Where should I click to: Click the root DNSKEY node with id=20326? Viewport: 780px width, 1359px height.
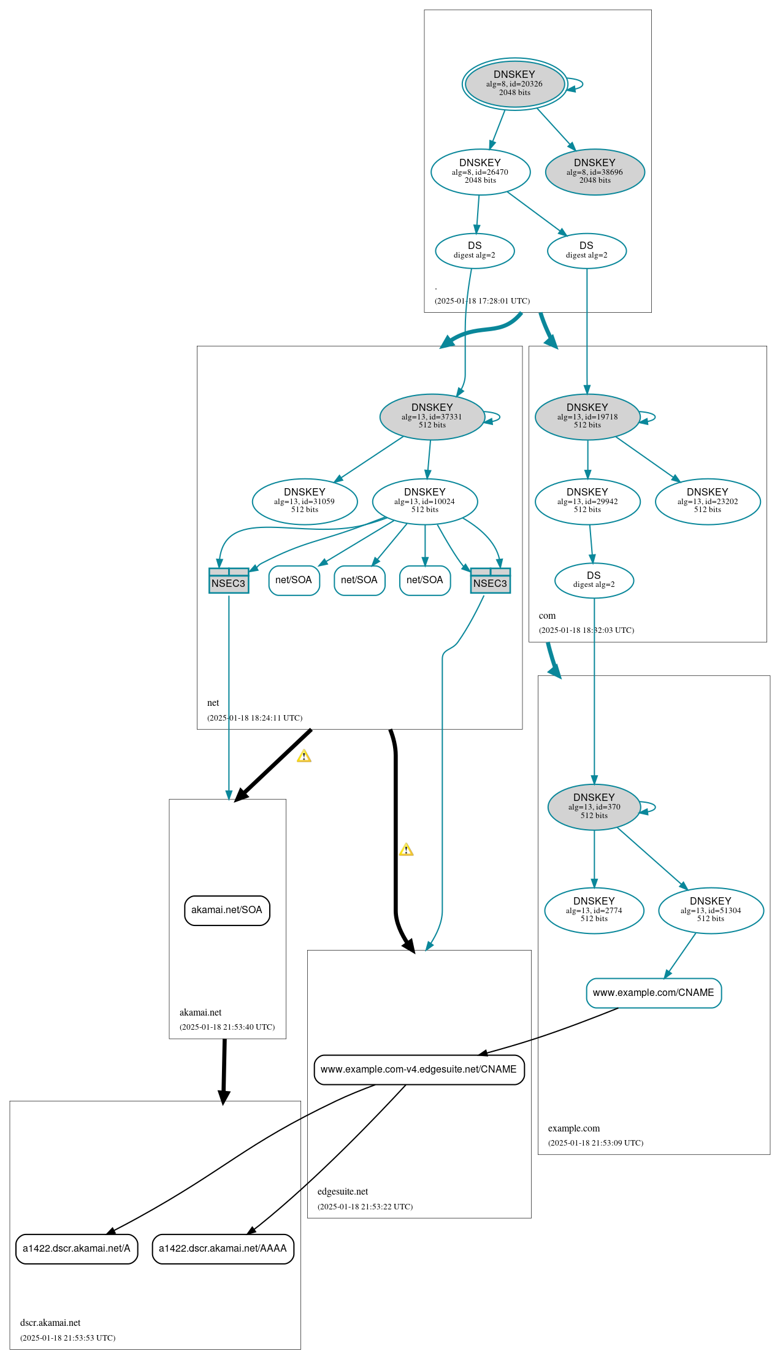pos(514,84)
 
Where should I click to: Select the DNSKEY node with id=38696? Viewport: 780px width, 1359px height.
pos(594,172)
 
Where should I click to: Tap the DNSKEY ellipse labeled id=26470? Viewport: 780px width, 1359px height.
pos(480,172)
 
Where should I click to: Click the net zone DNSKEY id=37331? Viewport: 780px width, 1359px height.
pos(432,416)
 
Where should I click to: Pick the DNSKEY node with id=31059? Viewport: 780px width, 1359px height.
pos(304,501)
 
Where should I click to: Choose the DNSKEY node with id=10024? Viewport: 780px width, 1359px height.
pos(424,501)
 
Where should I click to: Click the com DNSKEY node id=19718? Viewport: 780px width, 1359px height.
pos(587,416)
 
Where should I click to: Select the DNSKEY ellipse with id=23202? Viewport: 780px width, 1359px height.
pos(707,501)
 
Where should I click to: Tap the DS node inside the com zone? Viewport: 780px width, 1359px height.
pos(594,580)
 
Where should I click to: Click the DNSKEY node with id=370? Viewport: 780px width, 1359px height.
pos(594,807)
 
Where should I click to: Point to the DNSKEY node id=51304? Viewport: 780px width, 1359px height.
pos(710,910)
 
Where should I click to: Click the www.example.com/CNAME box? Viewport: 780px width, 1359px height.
pos(653,993)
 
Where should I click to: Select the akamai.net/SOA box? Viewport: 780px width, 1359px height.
pos(227,910)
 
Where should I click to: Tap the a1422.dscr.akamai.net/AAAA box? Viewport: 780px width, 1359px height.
pos(223,1249)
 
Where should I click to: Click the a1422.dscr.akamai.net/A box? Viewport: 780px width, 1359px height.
pos(77,1249)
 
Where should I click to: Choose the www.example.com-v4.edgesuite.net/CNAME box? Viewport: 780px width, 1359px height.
pos(419,1070)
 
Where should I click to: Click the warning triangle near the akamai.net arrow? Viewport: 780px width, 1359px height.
pos(304,756)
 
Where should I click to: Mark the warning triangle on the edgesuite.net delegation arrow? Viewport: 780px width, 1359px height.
pos(406,850)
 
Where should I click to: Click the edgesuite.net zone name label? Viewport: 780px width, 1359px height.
pos(342,1192)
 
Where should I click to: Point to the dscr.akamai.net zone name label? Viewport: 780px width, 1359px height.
pos(50,1323)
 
